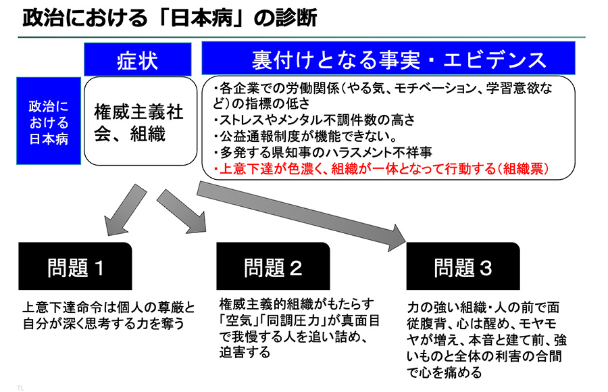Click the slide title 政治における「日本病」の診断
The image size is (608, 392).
click(169, 18)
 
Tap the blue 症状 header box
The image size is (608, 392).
click(138, 59)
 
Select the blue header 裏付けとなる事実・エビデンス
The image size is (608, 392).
click(388, 59)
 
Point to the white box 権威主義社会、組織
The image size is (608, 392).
click(138, 121)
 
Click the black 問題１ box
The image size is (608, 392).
click(75, 266)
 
